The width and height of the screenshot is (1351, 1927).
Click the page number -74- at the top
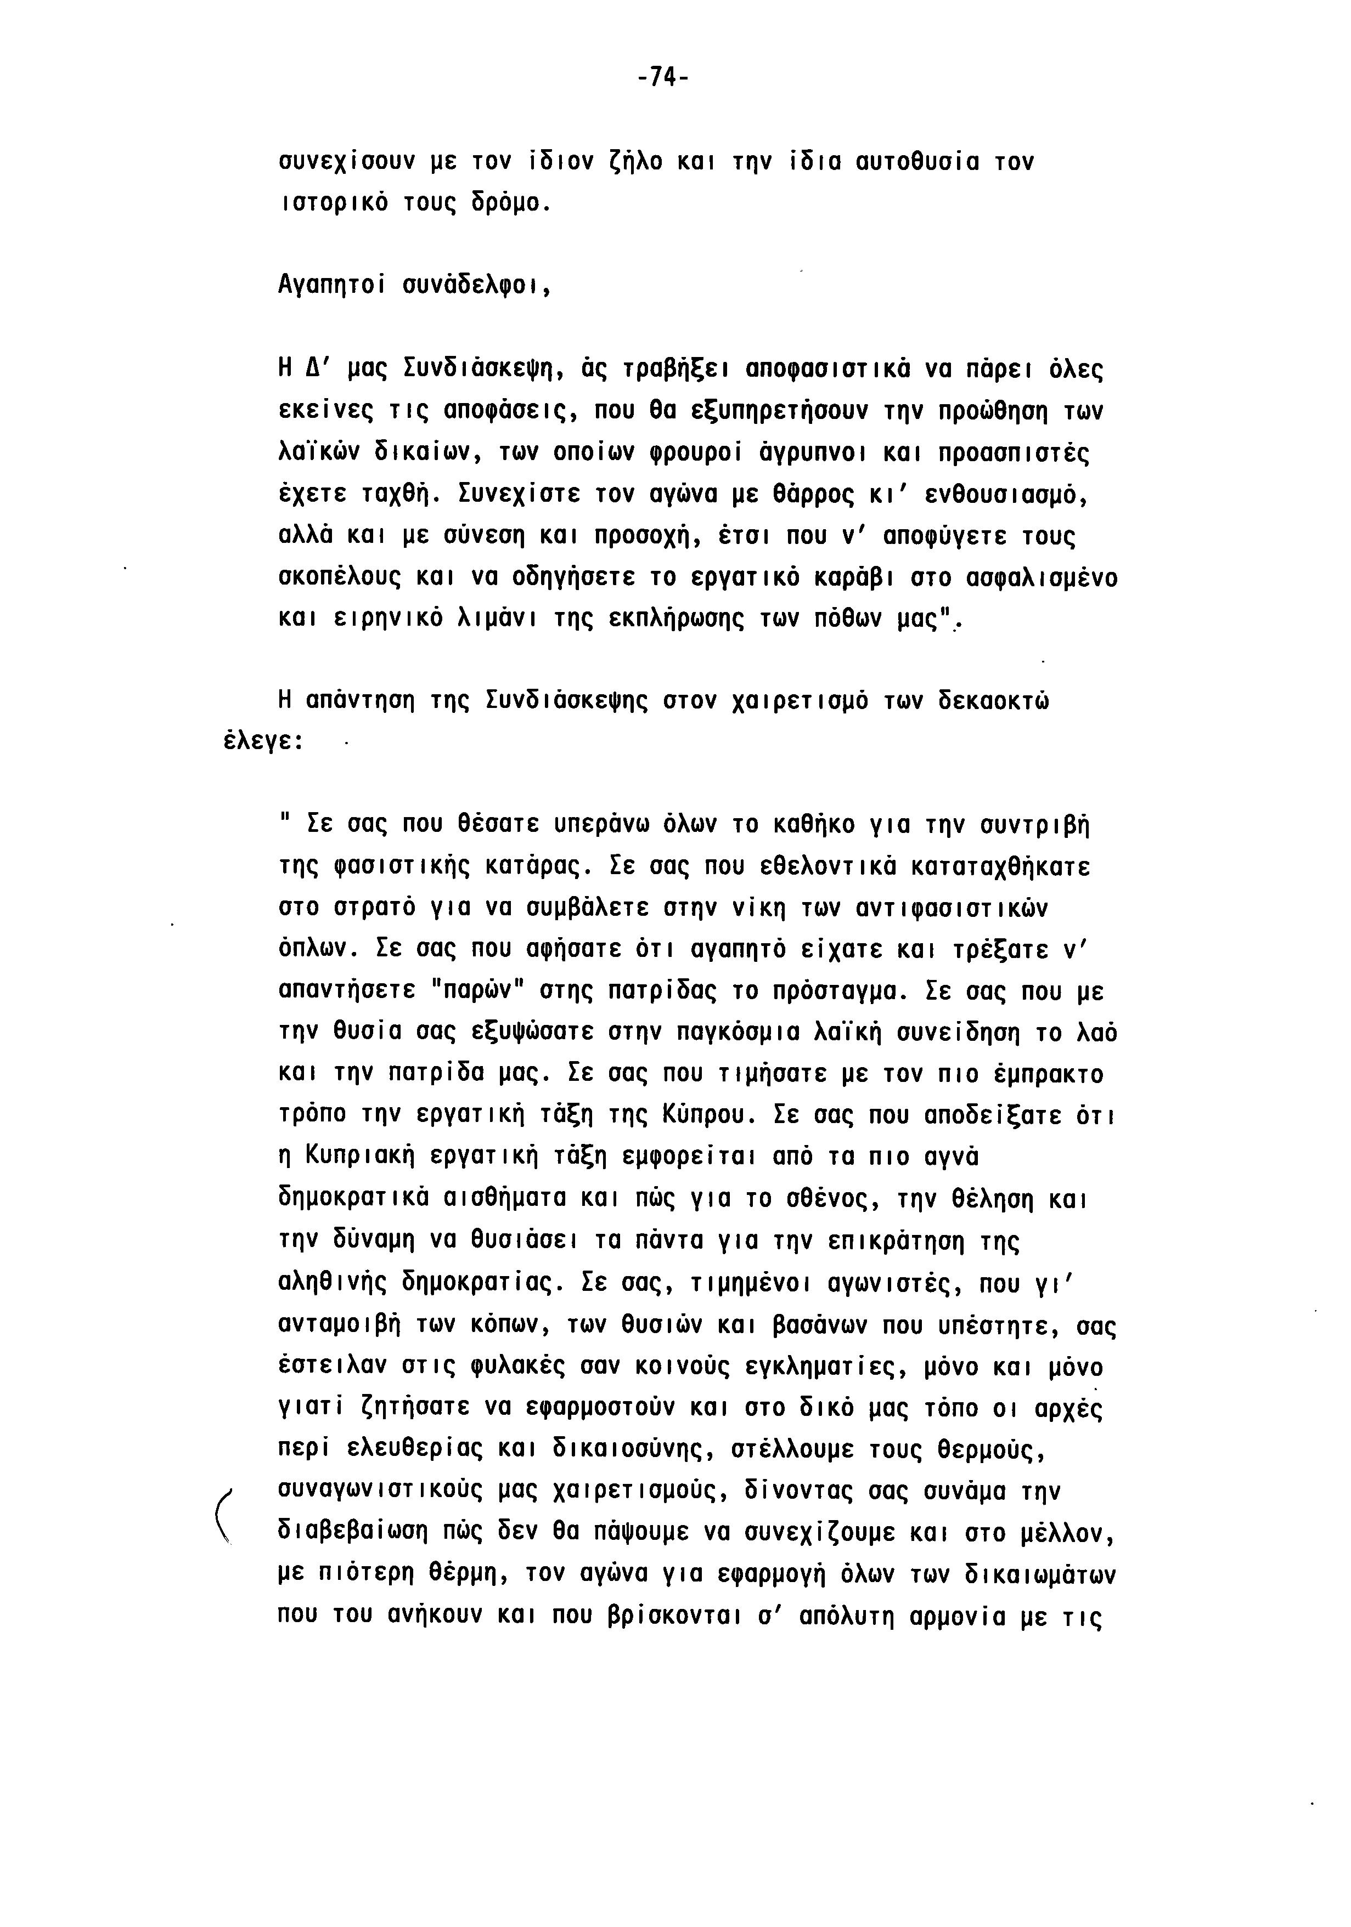click(x=662, y=78)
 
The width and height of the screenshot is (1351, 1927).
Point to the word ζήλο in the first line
click(x=634, y=161)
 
